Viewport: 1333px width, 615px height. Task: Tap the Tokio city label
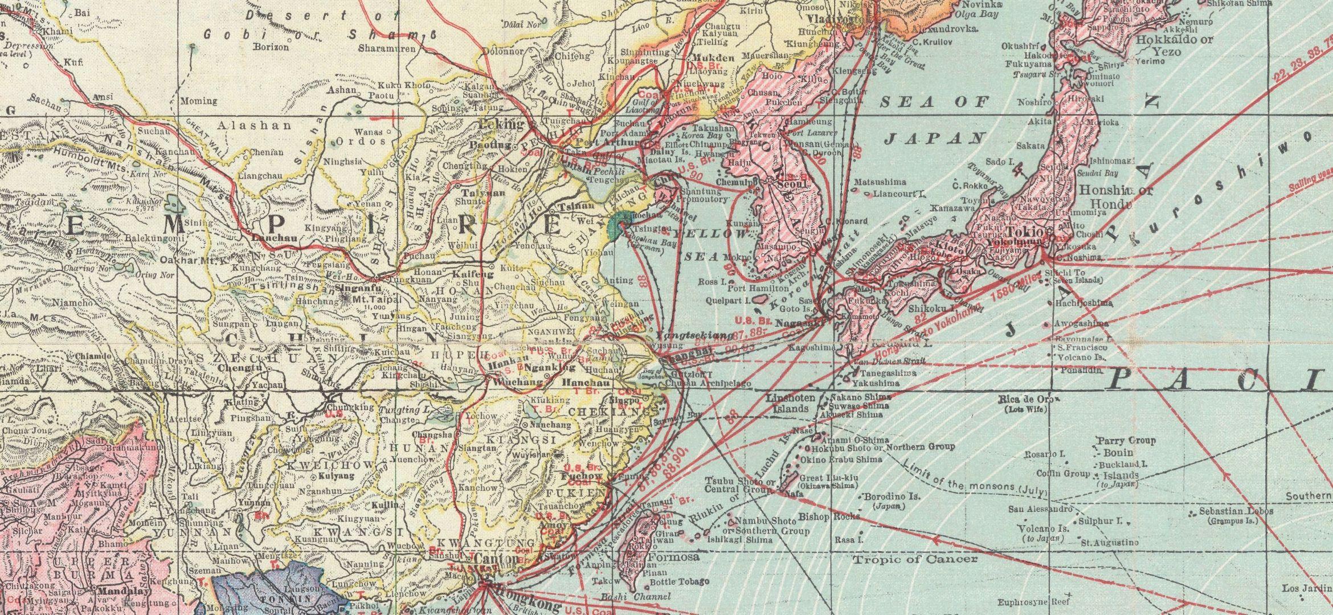coord(1024,232)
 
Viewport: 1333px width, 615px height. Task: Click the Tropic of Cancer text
coord(907,560)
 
